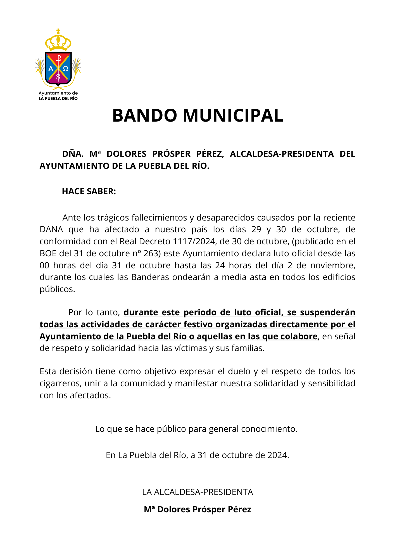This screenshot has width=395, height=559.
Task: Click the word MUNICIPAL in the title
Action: coord(233,115)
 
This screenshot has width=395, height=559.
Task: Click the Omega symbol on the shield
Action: coord(66,68)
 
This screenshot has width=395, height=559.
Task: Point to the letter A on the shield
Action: coord(51,68)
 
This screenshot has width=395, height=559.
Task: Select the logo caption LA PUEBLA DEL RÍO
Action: coord(58,98)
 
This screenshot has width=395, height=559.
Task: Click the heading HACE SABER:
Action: coord(89,191)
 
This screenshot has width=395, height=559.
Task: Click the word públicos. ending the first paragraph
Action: coord(57,289)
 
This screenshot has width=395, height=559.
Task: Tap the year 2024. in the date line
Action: coord(278,455)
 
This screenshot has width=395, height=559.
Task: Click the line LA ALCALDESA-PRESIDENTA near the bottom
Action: coord(197,492)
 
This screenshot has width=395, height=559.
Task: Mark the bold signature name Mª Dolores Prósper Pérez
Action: coord(197,510)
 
